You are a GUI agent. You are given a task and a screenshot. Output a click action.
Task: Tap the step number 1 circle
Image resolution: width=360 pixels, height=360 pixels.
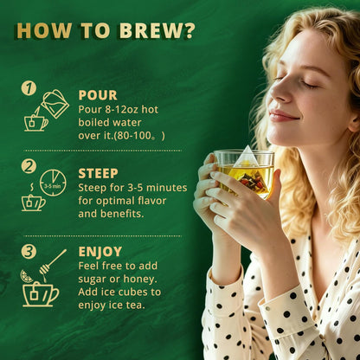(x=29, y=87)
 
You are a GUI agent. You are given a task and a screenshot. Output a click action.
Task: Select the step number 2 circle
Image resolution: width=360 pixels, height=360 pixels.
(x=29, y=166)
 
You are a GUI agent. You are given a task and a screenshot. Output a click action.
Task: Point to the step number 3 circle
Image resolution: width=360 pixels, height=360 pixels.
(x=29, y=251)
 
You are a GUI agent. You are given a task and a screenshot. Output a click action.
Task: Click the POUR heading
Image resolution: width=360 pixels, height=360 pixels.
(x=98, y=95)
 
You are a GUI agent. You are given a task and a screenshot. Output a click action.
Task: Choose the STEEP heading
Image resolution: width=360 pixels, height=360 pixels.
(x=98, y=174)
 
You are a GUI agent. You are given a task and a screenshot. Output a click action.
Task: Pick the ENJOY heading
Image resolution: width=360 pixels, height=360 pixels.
(x=100, y=252)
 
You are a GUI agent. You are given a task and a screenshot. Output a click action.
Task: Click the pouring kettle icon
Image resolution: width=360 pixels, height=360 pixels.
(x=55, y=104)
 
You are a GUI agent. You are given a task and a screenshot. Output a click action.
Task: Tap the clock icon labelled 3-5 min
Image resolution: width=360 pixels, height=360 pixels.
(x=53, y=183)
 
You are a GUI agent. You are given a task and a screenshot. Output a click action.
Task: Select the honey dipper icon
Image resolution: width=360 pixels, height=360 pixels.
(x=53, y=262)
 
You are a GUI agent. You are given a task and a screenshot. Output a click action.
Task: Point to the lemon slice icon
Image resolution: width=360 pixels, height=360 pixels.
(x=26, y=276)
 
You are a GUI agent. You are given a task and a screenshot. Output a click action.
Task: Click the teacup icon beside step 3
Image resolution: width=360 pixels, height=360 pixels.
(x=41, y=294)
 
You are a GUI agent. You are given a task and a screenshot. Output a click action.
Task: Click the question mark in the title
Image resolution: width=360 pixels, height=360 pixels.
(x=189, y=30)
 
